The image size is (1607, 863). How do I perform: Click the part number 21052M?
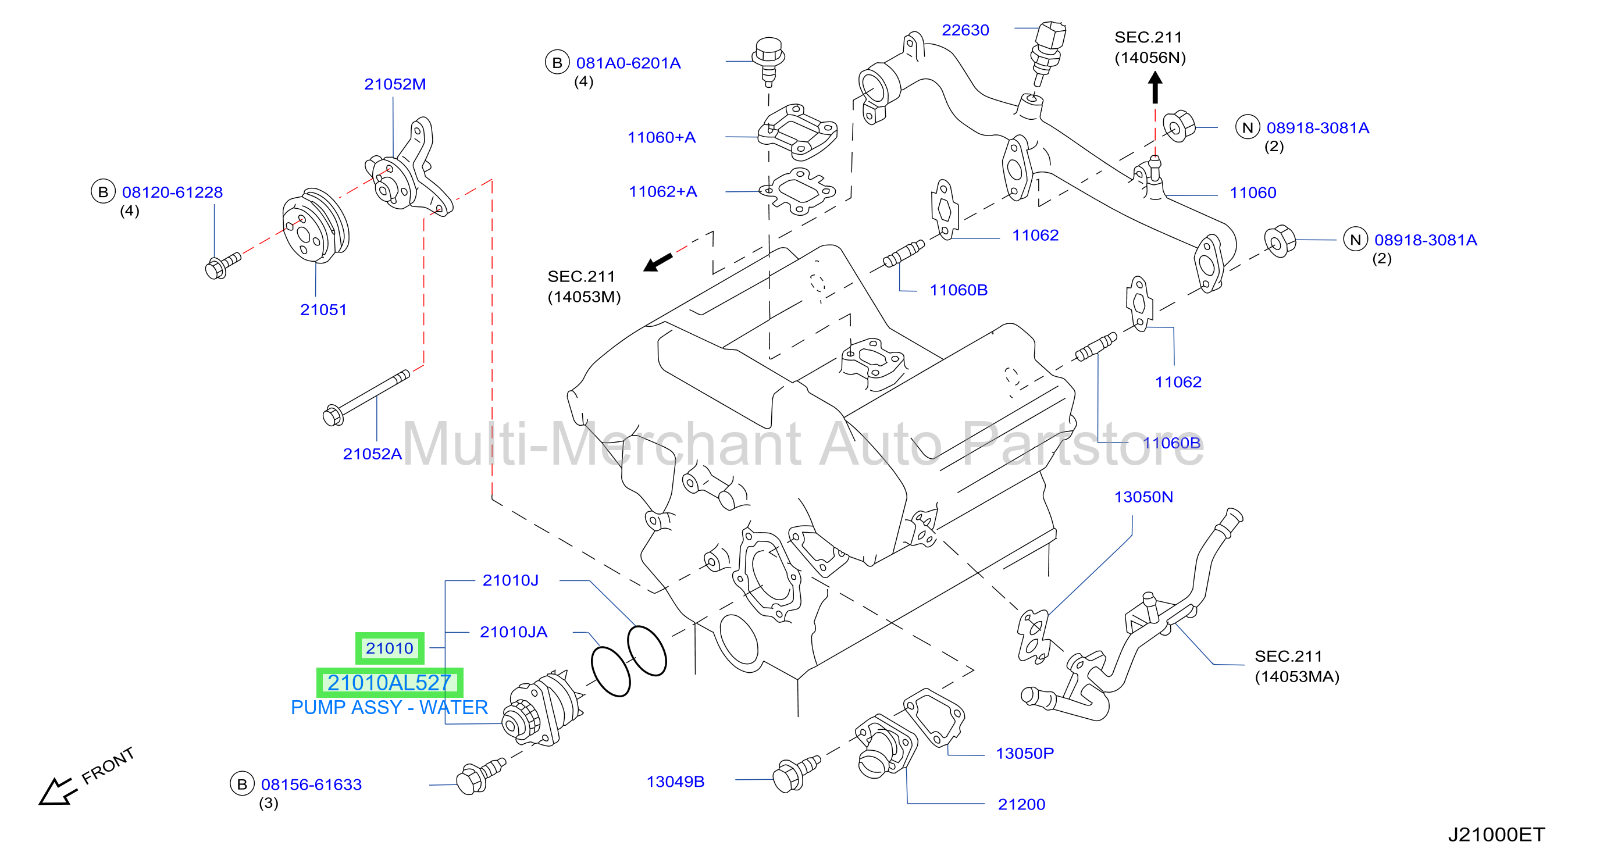pos(395,84)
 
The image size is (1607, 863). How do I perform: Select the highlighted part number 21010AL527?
pos(389,683)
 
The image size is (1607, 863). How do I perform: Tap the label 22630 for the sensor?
pos(965,30)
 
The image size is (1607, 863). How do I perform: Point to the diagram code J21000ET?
pos(1496,835)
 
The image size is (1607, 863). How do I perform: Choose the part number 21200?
pos(1021,804)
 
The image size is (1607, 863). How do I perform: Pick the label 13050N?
pos(1143,497)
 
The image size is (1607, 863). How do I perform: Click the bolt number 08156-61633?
pos(311,784)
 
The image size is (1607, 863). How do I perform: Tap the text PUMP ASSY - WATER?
pos(389,708)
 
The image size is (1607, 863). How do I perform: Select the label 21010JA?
pos(514,632)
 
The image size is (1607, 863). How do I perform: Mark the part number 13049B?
pos(675,782)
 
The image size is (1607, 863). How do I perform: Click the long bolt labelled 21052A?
pos(367,397)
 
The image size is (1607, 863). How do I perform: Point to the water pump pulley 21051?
pos(315,226)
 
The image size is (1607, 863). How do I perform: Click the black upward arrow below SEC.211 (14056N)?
pos(1155,87)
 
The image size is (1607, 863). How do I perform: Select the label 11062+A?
pos(662,191)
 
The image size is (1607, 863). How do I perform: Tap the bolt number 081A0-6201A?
pos(628,63)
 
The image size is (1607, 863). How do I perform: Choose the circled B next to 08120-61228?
pos(103,192)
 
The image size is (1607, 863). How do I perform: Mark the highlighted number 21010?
pos(389,648)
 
